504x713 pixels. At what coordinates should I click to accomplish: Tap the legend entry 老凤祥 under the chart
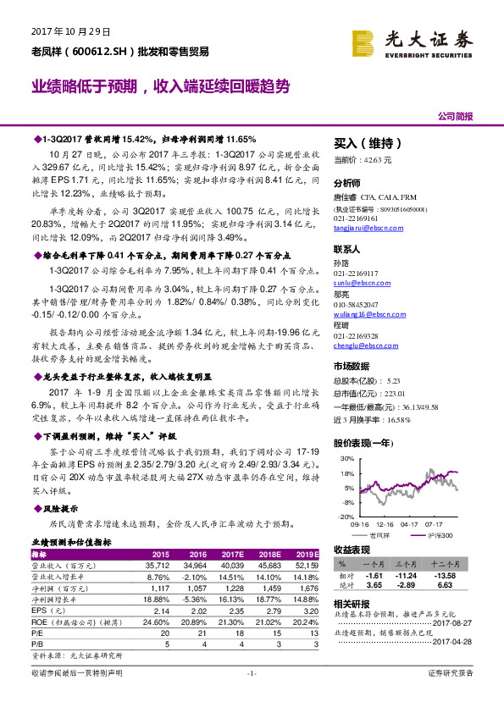pos(379,535)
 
